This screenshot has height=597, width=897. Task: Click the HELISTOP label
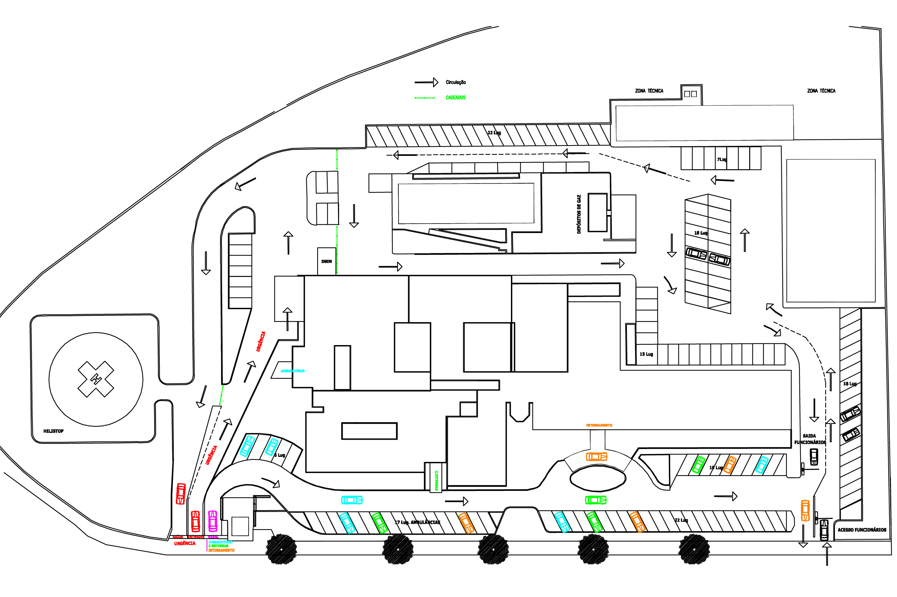tap(53, 431)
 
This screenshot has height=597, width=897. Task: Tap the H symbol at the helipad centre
tap(96, 379)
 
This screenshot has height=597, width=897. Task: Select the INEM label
tap(326, 262)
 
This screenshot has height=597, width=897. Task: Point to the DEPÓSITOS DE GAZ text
tap(579, 214)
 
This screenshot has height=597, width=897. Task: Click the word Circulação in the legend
tap(456, 82)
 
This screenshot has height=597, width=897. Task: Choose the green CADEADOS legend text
tap(456, 98)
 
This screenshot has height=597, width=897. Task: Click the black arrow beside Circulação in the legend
tap(426, 82)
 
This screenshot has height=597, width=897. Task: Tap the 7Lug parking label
tap(721, 159)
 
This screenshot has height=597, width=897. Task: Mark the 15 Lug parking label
tap(646, 354)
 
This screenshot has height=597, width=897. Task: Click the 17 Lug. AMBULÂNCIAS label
tap(417, 522)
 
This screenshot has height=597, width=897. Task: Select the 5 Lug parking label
tap(280, 455)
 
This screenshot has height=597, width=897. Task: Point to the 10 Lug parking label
tap(716, 468)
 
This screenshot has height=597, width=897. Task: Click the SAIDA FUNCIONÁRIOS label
tap(810, 439)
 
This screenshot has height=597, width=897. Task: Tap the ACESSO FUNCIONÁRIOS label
tap(861, 530)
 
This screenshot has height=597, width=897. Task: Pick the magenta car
tap(213, 521)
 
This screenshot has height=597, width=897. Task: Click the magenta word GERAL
tap(213, 537)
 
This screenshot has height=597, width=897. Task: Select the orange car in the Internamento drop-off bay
tap(597, 457)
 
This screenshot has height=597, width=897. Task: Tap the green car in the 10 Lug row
tap(698, 465)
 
